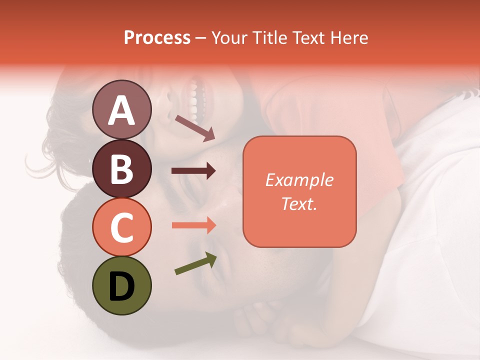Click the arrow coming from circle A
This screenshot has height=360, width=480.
[x=195, y=127]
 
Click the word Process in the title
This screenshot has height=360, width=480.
[x=157, y=38]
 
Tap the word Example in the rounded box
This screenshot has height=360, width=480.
[x=299, y=180]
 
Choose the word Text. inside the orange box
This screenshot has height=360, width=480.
[x=299, y=203]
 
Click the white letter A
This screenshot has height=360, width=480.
[x=121, y=111]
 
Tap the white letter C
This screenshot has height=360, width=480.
[x=121, y=227]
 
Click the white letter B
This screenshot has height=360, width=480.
[x=121, y=168]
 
